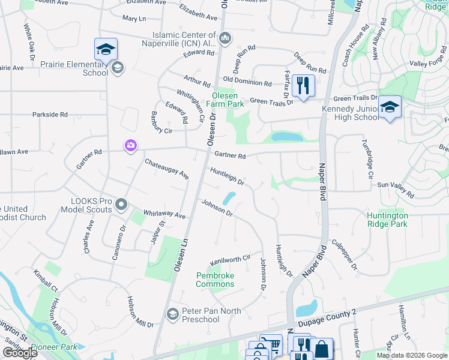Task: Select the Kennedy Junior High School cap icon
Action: [x=390, y=107]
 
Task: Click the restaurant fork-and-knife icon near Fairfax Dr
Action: [x=304, y=85]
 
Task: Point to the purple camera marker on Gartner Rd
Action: [x=130, y=145]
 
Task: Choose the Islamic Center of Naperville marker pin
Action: [x=225, y=39]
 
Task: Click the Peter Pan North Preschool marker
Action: [x=173, y=314]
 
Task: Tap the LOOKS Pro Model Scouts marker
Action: [x=121, y=205]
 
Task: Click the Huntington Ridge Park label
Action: [x=388, y=220]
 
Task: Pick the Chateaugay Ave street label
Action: [x=166, y=169]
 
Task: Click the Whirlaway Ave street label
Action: [x=164, y=214]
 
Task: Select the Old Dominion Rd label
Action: [x=247, y=82]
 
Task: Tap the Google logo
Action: [x=19, y=353]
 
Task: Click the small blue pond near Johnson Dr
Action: [x=229, y=197]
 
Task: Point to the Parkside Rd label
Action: [x=50, y=114]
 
